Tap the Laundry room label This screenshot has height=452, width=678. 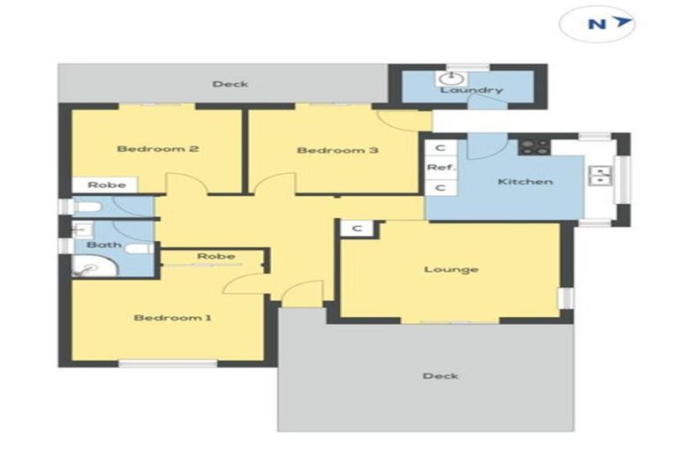point(471,90)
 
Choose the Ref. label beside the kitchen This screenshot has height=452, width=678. point(439,167)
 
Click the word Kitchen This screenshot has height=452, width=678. point(525,182)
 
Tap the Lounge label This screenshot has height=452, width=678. point(450,269)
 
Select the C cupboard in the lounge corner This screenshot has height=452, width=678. point(358,228)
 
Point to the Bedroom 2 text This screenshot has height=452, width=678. point(157,148)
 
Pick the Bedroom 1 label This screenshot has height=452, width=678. point(173,318)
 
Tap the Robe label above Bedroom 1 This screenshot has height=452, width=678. point(215,256)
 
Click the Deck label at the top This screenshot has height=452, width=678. point(230,84)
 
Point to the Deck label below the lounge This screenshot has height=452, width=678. point(440,376)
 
